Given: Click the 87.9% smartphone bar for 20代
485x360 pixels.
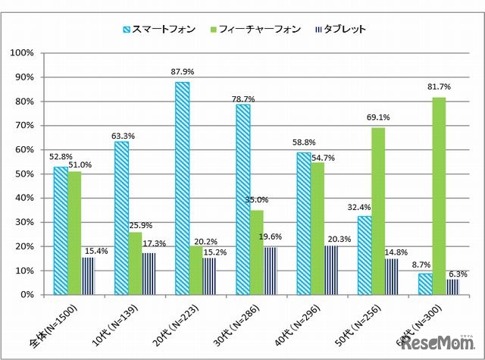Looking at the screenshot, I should point(182,188).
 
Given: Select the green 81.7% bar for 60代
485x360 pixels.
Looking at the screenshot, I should point(439,196).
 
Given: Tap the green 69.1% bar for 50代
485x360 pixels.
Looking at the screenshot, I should point(378,211).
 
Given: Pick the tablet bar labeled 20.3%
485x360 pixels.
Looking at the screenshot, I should point(330,270).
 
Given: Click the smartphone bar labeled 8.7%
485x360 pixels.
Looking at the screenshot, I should point(425,284).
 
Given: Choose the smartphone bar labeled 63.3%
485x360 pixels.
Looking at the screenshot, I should point(121,218).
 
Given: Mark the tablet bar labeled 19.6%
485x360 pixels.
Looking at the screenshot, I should point(271,271).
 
